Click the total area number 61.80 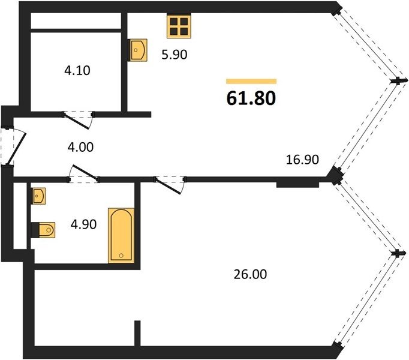click(251, 98)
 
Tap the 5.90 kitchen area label click(175, 55)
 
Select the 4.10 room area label click(77, 70)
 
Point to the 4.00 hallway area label click(80, 147)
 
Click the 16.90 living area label click(302, 160)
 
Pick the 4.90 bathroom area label click(83, 224)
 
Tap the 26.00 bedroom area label click(250, 274)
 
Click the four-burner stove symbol click(179, 26)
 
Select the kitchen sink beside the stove click(139, 50)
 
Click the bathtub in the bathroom click(121, 235)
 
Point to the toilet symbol click(43, 230)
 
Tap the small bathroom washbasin click(38, 196)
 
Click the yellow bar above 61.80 click(251, 82)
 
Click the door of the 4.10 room click(78, 120)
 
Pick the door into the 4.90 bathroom click(83, 173)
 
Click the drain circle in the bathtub click(121, 256)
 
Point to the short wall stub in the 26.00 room click(137, 334)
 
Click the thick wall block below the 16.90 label click(297, 184)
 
